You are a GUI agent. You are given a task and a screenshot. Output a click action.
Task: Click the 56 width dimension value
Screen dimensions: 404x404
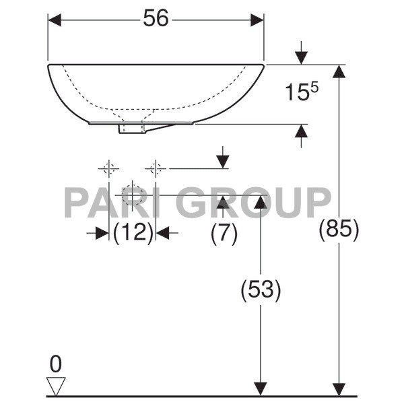156,20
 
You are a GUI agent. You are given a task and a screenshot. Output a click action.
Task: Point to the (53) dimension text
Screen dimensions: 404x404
261,290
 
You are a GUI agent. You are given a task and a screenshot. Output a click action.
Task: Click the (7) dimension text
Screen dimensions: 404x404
224,233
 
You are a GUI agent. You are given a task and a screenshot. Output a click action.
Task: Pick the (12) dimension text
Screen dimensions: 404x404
133,233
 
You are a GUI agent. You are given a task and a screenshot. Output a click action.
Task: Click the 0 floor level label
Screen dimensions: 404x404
55,364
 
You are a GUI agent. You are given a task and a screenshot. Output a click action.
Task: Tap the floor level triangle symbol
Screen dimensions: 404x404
56,386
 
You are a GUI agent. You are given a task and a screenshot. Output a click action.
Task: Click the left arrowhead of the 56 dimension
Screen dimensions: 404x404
55,20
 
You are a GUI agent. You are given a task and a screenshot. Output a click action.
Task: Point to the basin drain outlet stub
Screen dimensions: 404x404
131,128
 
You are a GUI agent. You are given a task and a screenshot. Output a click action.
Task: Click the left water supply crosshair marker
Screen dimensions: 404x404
109,168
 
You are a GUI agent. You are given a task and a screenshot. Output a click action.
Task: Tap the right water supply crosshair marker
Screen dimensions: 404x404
156,168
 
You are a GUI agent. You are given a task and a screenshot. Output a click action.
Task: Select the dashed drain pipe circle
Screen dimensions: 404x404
133,195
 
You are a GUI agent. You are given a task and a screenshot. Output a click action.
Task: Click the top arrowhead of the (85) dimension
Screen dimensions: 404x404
339,72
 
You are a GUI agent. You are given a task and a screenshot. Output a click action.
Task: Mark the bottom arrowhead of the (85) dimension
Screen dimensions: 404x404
339,389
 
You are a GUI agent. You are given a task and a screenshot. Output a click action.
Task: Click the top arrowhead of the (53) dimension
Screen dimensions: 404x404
261,202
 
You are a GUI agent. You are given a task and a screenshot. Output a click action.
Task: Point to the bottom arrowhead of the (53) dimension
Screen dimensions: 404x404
261,389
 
